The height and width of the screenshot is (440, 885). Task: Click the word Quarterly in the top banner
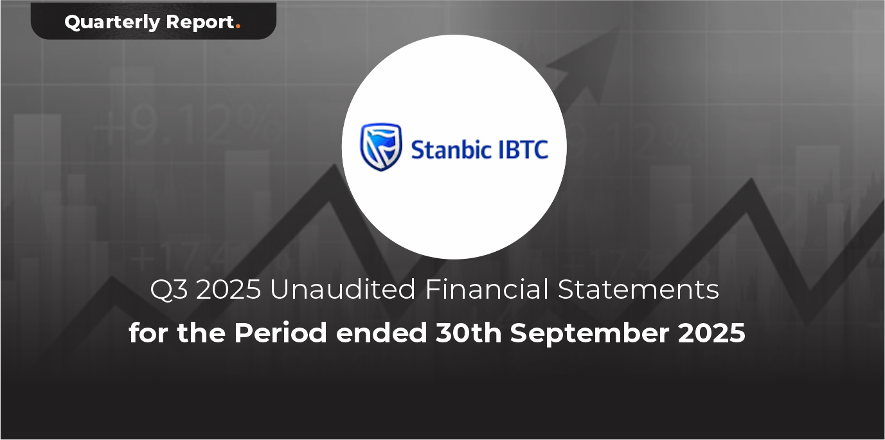click(x=112, y=22)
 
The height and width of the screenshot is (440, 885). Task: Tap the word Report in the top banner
click(x=201, y=22)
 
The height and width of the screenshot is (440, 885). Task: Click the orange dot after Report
click(x=238, y=27)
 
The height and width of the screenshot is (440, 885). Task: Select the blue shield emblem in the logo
click(x=381, y=147)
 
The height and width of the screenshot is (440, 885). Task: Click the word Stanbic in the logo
click(x=447, y=149)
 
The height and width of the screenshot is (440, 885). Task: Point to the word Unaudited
click(x=342, y=289)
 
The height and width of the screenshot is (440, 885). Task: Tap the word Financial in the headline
click(x=487, y=289)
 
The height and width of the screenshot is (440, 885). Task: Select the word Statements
click(x=638, y=290)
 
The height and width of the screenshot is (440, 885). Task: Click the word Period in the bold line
click(x=280, y=333)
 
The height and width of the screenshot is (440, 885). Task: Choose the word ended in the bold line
click(x=381, y=333)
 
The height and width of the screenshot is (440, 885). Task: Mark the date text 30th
click(x=468, y=333)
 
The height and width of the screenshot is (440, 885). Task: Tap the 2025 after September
click(x=711, y=333)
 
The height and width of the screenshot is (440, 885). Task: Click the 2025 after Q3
click(x=228, y=290)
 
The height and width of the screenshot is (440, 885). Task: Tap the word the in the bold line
click(x=201, y=333)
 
